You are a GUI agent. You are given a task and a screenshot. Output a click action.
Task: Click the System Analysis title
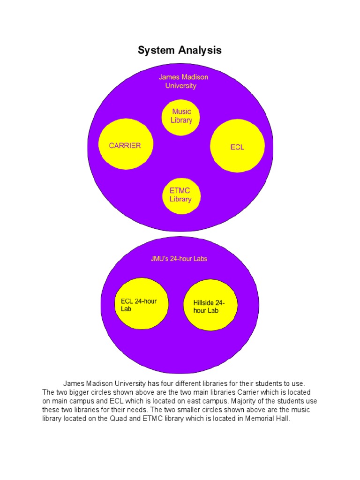click(180, 50)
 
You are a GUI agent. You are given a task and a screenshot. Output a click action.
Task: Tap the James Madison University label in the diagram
click(183, 81)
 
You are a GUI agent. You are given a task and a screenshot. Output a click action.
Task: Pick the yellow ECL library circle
click(237, 145)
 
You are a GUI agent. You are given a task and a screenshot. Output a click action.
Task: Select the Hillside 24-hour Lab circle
click(210, 307)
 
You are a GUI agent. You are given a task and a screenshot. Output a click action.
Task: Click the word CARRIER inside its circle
click(125, 145)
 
